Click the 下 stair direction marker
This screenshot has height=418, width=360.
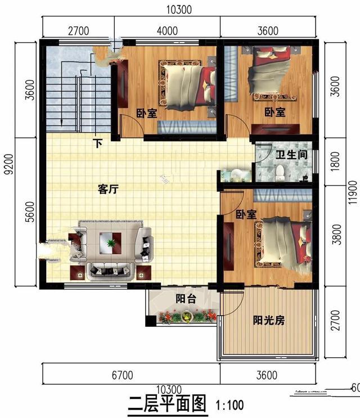[x=98, y=144]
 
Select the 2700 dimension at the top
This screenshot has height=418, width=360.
[x=79, y=31]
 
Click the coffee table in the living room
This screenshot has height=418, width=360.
[x=111, y=244]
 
